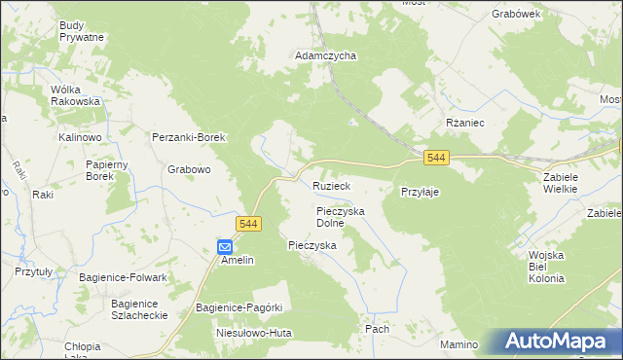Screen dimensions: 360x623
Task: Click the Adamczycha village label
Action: (325, 56)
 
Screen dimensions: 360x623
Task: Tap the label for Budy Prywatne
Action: (81, 30)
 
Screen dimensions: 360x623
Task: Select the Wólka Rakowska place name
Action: (76, 94)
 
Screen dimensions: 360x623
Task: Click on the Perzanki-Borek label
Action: (189, 138)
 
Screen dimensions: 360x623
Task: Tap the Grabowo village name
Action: (189, 169)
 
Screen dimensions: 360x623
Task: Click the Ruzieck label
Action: (331, 185)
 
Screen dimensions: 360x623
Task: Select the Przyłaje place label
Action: (421, 193)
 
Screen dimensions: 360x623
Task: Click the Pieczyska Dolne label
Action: (340, 216)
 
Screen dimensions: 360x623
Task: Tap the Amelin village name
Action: (237, 261)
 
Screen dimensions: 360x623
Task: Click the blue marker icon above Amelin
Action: (225, 247)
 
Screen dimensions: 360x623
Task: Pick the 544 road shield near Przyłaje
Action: (436, 158)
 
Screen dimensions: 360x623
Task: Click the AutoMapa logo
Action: (559, 342)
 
